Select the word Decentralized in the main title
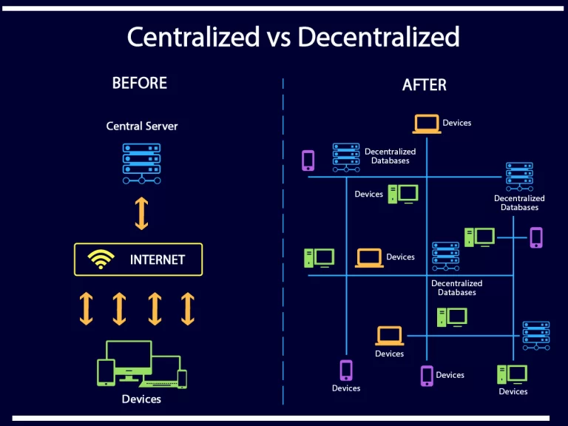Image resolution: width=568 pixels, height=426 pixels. click(379, 37)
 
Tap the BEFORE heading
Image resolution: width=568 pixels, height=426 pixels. click(140, 83)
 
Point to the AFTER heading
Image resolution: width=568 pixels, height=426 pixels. click(425, 85)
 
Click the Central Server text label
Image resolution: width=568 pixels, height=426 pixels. click(142, 126)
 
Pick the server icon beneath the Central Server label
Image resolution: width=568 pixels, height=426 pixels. click(142, 163)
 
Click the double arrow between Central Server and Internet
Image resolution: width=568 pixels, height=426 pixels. click(142, 213)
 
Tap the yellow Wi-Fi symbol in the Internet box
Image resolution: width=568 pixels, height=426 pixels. click(101, 259)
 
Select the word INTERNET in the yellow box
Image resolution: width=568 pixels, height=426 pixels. click(158, 260)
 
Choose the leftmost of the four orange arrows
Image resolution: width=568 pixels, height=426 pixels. click(87, 308)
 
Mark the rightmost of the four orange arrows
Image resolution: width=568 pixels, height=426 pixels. click(188, 308)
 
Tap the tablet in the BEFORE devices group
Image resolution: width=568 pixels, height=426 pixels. click(106, 372)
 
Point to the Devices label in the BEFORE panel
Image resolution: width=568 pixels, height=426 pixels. click(141, 399)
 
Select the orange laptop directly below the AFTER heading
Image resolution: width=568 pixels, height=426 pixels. click(427, 124)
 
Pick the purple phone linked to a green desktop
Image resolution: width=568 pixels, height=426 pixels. click(536, 237)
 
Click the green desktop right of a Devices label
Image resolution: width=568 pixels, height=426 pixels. click(403, 195)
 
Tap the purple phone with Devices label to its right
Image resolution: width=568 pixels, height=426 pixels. click(427, 376)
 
